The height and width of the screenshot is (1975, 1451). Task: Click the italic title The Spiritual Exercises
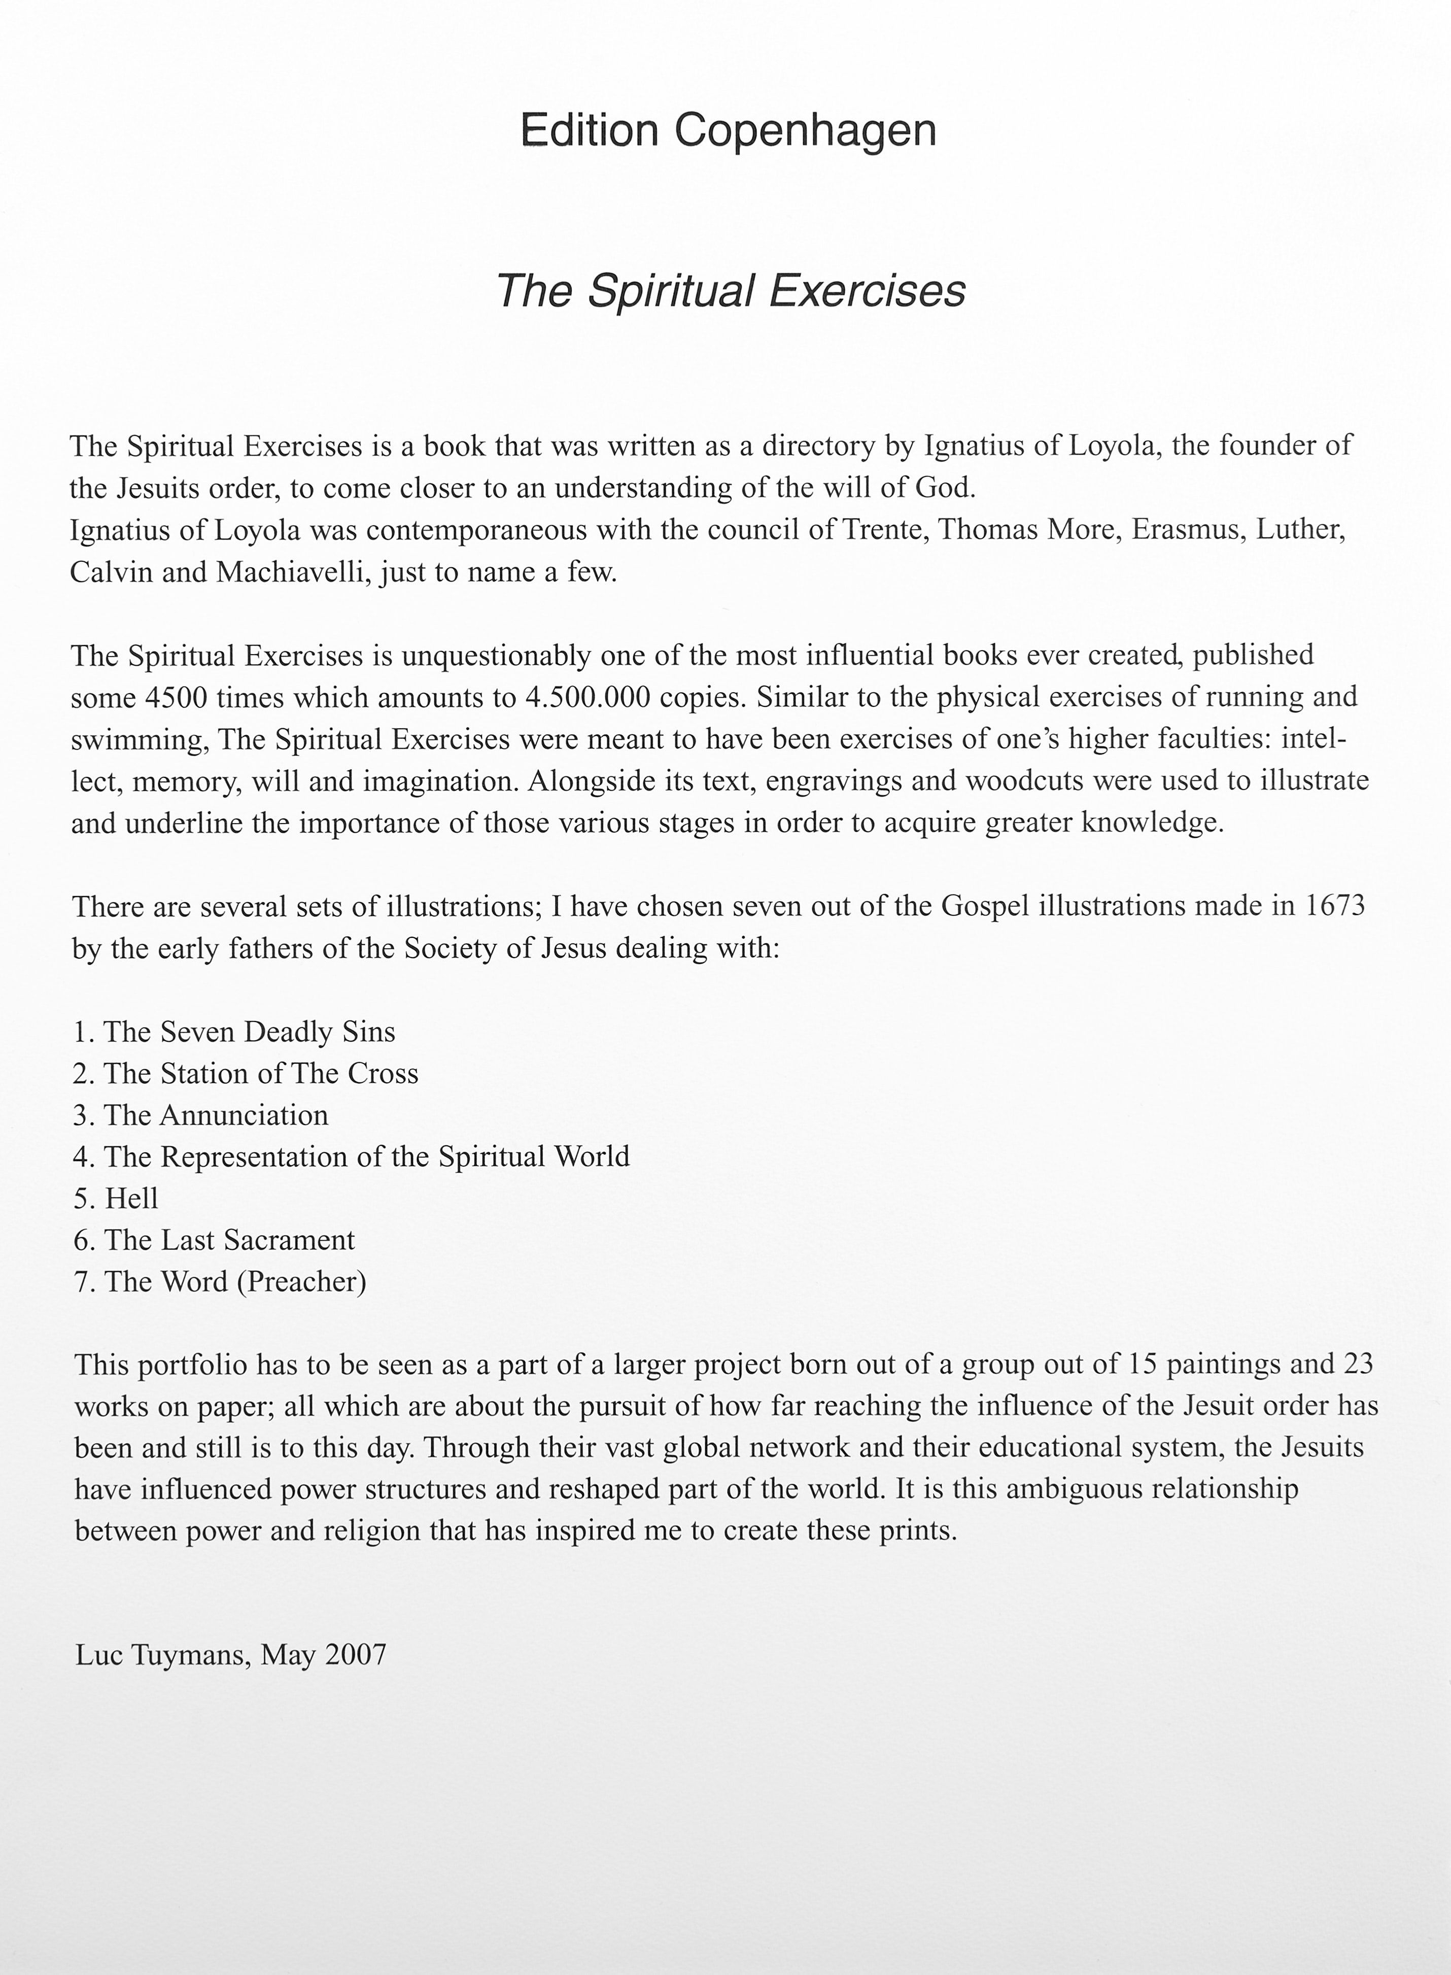click(x=731, y=291)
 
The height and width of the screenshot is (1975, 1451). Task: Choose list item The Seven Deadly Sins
click(x=250, y=1032)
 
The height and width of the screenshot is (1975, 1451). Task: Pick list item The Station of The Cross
click(x=261, y=1074)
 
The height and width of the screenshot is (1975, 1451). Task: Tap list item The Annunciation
click(x=216, y=1115)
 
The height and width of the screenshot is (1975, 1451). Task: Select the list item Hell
click(x=132, y=1199)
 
